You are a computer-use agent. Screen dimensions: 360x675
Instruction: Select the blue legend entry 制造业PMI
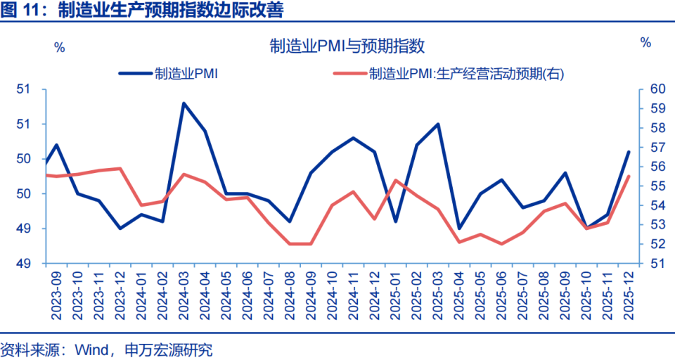click(x=185, y=73)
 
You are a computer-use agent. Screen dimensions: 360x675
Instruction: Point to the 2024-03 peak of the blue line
click(x=184, y=103)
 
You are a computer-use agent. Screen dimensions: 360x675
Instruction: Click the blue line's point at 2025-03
click(x=438, y=124)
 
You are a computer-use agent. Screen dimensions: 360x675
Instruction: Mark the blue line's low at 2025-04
click(x=459, y=229)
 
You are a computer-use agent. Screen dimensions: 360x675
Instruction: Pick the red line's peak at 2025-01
click(x=396, y=180)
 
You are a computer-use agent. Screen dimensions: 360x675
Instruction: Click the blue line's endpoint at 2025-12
click(x=629, y=152)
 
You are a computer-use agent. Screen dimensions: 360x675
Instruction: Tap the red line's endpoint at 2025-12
click(x=629, y=176)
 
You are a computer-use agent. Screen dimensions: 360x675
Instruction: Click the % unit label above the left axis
click(x=60, y=48)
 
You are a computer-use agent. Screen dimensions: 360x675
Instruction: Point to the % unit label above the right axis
click(x=645, y=43)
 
